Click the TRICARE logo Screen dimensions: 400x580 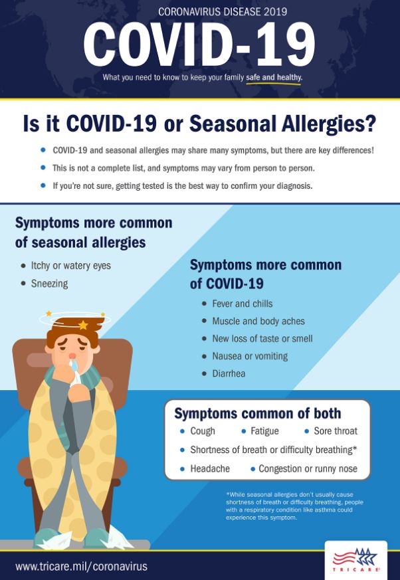pos(355,560)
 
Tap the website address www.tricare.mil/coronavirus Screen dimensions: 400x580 pos(82,566)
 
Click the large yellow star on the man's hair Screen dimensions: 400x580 pos(83,325)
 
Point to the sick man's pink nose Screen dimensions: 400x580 pos(72,355)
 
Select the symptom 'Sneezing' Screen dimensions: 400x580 pos(50,284)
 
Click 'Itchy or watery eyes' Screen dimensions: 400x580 pos(70,266)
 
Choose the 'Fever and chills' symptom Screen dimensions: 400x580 pos(243,304)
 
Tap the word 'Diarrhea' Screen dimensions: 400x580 pos(229,373)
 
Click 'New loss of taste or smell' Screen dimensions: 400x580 pos(262,338)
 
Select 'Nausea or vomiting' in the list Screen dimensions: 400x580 pos(250,356)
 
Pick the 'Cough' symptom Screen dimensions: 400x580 pos(203,431)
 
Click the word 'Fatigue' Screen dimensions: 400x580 pos(264,431)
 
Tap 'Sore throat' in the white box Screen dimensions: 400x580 pos(336,431)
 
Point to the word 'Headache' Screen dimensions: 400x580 pos(210,468)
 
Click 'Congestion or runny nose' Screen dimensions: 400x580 pos(308,469)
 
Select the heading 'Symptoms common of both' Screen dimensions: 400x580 pos(258,413)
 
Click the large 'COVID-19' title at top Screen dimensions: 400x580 pos(199,44)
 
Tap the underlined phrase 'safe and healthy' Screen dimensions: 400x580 pos(274,78)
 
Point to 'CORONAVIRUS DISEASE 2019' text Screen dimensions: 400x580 pos(223,12)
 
